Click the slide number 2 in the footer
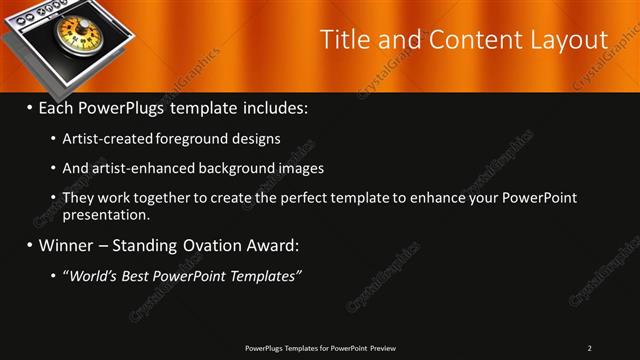(x=589, y=347)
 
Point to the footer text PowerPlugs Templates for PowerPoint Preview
(x=319, y=347)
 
